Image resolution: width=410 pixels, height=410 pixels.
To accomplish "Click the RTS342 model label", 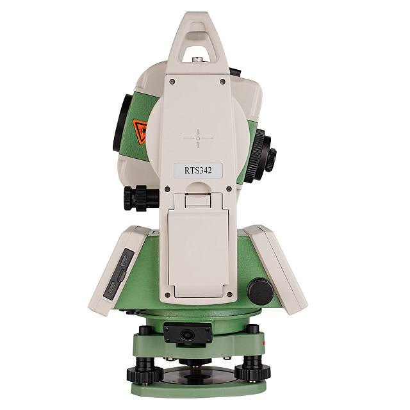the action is click(x=198, y=170).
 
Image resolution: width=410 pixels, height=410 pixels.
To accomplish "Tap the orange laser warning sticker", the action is click(x=140, y=131).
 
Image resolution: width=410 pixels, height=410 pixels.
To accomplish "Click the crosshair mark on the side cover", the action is click(x=198, y=138).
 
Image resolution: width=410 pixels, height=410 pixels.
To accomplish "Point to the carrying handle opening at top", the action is click(x=197, y=47).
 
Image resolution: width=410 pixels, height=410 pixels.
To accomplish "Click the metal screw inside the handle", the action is click(x=198, y=60).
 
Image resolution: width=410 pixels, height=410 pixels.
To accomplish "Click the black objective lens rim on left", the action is click(x=121, y=122).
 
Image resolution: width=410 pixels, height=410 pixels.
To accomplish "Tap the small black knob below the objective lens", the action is click(x=141, y=198).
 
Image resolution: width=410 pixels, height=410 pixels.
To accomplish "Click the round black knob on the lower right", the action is click(x=260, y=291).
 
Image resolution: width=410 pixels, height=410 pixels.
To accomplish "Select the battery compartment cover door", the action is click(x=198, y=251).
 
